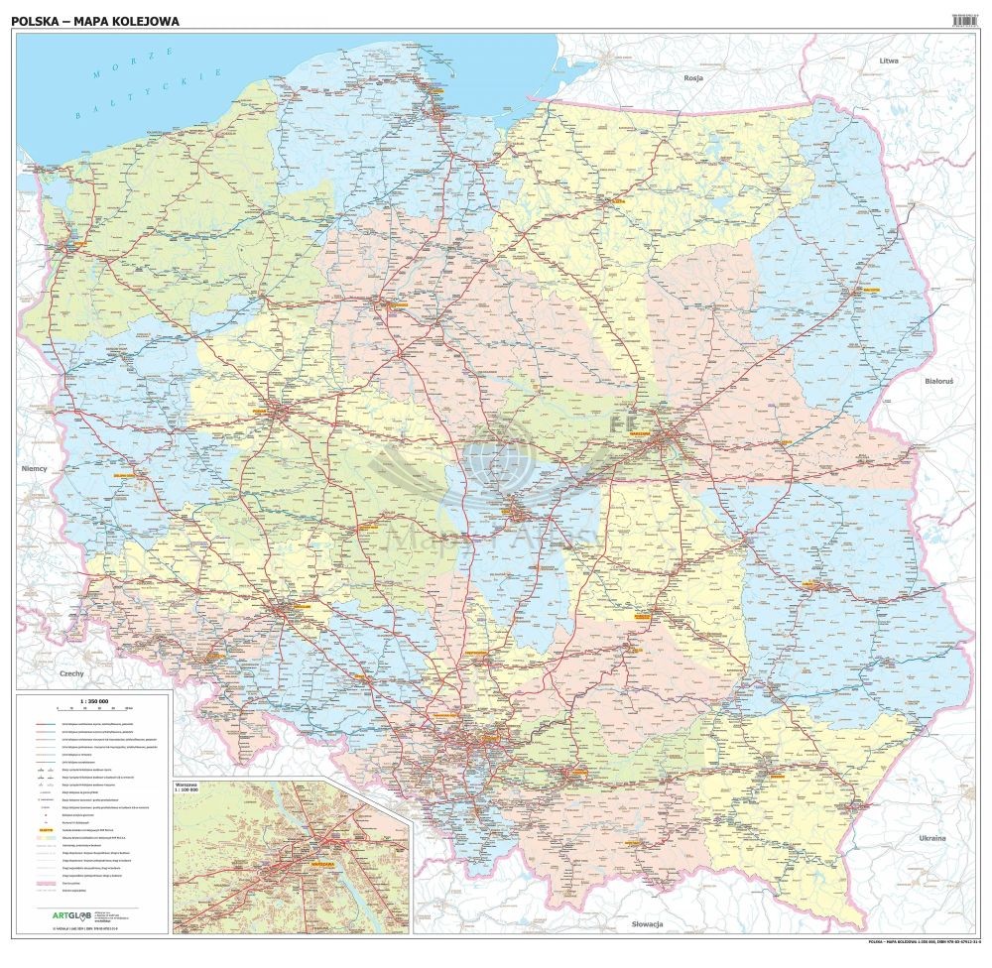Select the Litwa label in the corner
tap(888, 60)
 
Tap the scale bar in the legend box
tap(95, 711)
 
